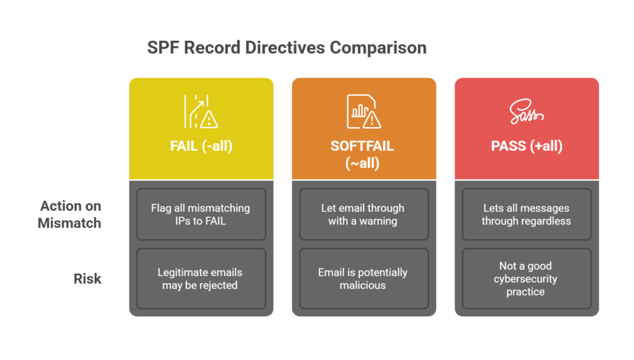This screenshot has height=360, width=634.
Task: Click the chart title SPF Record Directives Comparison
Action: [x=287, y=48]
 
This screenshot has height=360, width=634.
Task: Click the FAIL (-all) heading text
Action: [x=201, y=147]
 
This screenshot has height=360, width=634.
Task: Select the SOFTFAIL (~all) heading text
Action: [x=363, y=155]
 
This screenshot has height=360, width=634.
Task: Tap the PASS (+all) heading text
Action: [x=526, y=147]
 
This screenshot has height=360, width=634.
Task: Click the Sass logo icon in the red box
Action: [x=526, y=113]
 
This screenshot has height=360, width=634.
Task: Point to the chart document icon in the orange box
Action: [x=363, y=112]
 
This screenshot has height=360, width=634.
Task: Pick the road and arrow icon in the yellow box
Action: [x=201, y=112]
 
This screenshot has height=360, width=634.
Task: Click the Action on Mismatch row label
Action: [x=70, y=214]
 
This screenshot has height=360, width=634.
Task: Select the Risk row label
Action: [x=87, y=279]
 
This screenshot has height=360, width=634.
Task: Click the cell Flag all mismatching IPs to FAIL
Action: [x=201, y=214]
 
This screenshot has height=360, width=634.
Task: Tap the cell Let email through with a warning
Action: [x=363, y=214]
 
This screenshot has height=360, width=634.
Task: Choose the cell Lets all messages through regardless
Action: [x=526, y=214]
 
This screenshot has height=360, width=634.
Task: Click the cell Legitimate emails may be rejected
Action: [x=201, y=279]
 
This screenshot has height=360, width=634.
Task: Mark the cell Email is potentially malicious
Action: [x=363, y=279]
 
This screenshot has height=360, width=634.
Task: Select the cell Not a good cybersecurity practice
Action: [x=526, y=279]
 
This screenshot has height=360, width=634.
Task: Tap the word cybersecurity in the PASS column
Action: [x=525, y=279]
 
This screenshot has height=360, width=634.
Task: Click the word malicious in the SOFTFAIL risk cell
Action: [x=363, y=286]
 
